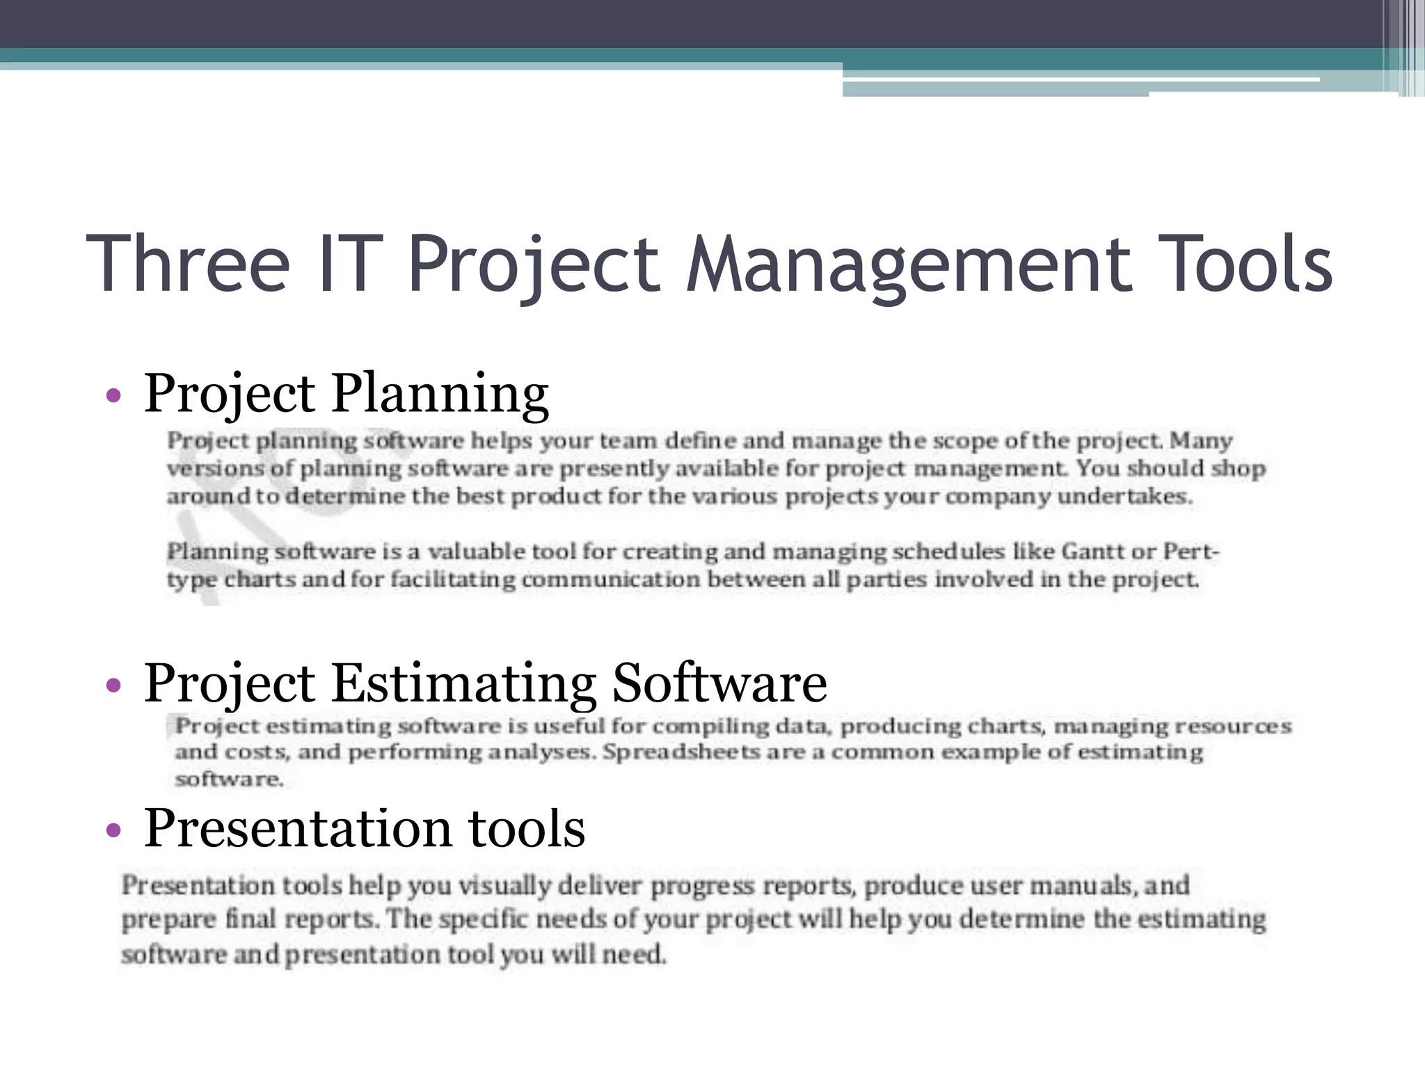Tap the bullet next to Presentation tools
click(113, 830)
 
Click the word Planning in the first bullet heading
click(440, 394)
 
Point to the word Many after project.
click(1201, 441)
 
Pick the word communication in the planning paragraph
click(611, 580)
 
